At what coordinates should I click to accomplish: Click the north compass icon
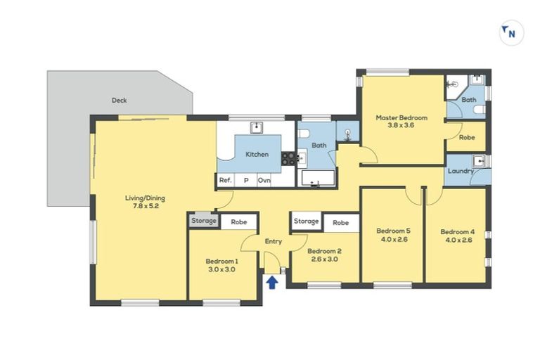click(x=511, y=32)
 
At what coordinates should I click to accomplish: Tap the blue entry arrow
click(x=272, y=282)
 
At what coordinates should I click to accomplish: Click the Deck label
click(x=119, y=101)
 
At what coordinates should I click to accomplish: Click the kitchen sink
click(x=257, y=127)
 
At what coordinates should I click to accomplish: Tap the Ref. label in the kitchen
click(x=225, y=181)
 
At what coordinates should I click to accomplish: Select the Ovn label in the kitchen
click(x=264, y=181)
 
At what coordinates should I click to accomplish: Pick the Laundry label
click(x=460, y=171)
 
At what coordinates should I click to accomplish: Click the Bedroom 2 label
click(x=324, y=255)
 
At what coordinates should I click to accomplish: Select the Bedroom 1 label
click(x=221, y=265)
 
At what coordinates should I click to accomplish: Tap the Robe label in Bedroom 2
click(x=341, y=223)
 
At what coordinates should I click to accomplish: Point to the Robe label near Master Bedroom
click(x=466, y=138)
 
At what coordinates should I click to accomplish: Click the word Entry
click(x=273, y=241)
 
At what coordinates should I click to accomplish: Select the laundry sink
click(x=480, y=161)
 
